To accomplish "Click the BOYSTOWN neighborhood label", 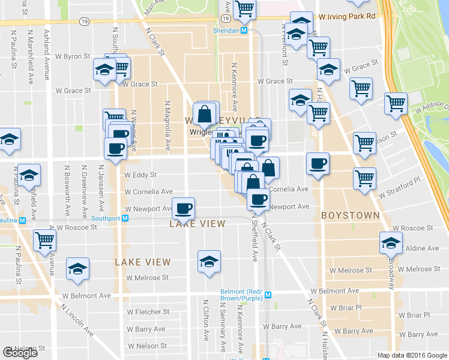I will pos(350,215).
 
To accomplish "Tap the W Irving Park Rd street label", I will pos(348,17).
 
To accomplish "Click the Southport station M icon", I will pos(125,218).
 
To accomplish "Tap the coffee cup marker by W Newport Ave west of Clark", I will pos(184,209).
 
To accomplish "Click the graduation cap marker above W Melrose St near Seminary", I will pos(208,262).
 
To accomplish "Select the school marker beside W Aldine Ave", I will pos(391,243).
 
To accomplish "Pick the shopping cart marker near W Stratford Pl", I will pos(364,178).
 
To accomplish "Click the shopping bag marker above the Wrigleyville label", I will pos(205,113).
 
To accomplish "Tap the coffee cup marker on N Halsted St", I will pos(318,163).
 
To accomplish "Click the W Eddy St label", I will pos(140,175).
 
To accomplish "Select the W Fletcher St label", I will pos(148,312).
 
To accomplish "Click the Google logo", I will pos(20,353).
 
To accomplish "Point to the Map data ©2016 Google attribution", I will pos(412,355).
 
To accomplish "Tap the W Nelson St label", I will pos(148,346).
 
